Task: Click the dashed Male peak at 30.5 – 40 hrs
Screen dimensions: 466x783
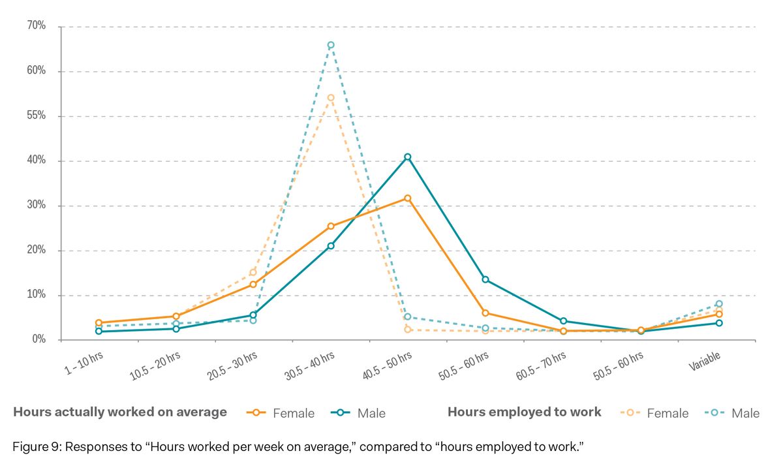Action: tap(331, 45)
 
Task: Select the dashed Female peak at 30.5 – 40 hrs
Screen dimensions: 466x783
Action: tap(331, 98)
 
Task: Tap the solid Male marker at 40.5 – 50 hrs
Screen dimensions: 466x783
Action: tap(408, 157)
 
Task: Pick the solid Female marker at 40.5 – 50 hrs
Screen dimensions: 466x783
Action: tap(408, 198)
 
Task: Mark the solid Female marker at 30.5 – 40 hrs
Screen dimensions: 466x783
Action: tap(331, 226)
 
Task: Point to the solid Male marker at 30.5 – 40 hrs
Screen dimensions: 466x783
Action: tap(331, 246)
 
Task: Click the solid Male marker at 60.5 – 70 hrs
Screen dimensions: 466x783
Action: tap(563, 321)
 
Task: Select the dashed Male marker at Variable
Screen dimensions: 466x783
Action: tap(719, 303)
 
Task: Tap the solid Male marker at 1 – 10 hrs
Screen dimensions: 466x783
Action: tap(99, 331)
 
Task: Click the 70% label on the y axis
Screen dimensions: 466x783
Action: tap(37, 26)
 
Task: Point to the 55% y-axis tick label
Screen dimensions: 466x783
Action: tap(37, 116)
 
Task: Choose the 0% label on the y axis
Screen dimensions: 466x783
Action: tap(38, 339)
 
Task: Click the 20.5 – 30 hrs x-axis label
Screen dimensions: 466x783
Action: tap(232, 365)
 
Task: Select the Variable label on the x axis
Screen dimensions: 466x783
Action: tap(705, 361)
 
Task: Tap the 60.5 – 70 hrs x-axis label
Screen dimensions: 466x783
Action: tap(542, 365)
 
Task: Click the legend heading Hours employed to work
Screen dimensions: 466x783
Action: tap(524, 412)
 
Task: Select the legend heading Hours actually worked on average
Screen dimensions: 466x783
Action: tap(120, 412)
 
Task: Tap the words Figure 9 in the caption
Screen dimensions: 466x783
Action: tap(33, 447)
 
